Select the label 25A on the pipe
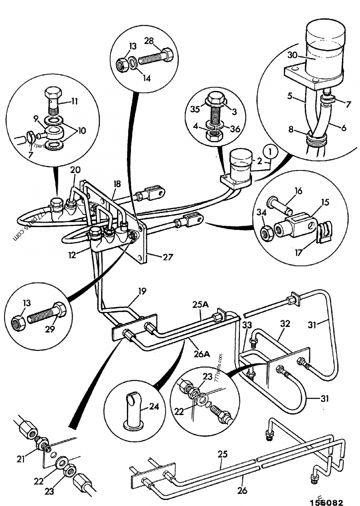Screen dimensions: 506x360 click(x=201, y=304)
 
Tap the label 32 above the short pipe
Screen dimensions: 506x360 click(x=284, y=323)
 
